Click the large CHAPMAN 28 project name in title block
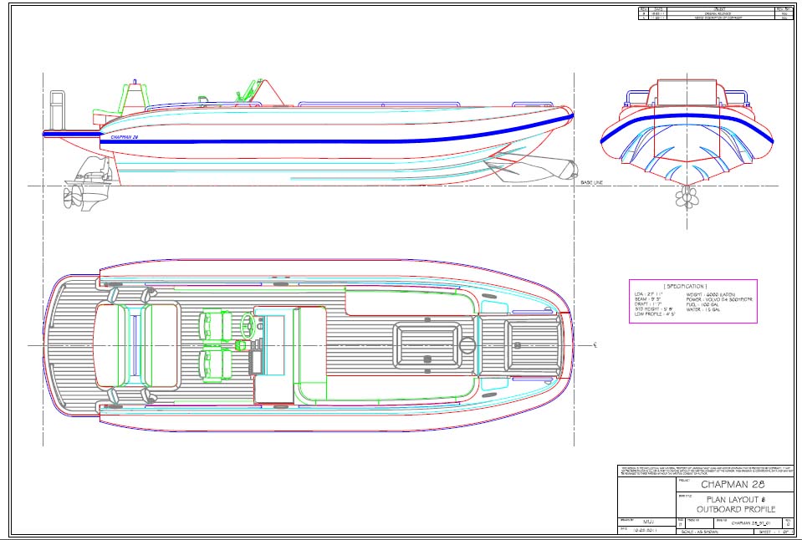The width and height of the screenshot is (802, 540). [733, 484]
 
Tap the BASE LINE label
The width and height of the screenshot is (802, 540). [593, 182]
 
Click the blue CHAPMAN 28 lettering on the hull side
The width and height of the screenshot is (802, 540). [124, 136]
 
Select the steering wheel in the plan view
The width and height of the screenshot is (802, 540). [248, 325]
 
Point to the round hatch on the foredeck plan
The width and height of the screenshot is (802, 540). [467, 344]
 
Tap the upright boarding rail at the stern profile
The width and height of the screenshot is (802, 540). [58, 109]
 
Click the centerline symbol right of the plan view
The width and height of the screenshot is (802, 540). [594, 344]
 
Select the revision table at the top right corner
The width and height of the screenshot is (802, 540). [714, 13]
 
